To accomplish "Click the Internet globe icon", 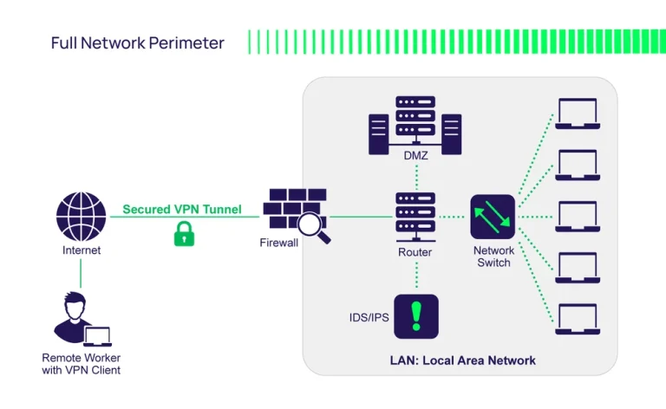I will [81, 217].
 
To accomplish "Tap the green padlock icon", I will [183, 233].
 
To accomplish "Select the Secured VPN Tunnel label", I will [181, 210].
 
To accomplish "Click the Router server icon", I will [415, 217].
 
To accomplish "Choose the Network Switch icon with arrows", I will [493, 217].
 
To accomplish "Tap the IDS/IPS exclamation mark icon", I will [415, 316].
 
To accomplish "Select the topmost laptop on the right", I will [576, 114].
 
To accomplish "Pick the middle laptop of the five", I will [576, 217].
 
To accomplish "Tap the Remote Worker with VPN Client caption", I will [81, 364].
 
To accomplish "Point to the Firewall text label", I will [278, 243].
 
